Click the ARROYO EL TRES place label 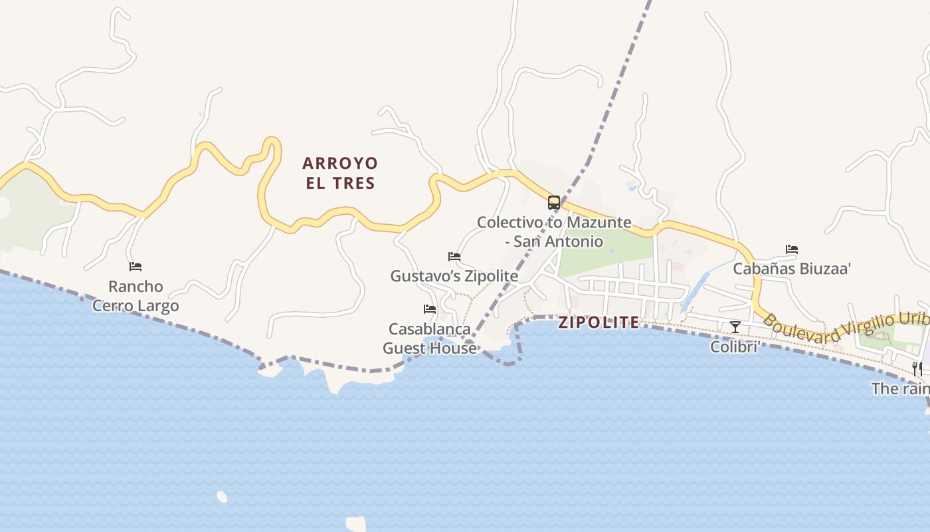click(x=340, y=173)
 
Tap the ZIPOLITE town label click(x=599, y=323)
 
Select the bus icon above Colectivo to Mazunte click(x=554, y=203)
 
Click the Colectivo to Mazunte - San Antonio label click(x=554, y=231)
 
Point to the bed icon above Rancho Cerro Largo click(x=136, y=267)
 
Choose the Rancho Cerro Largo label click(x=136, y=296)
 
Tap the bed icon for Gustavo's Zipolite click(x=454, y=257)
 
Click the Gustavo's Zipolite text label click(x=454, y=275)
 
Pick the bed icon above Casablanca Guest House click(x=430, y=309)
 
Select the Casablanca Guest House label click(x=430, y=338)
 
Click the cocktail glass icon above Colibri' click(x=735, y=327)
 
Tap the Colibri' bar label click(x=735, y=346)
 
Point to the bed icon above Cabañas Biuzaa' click(x=792, y=249)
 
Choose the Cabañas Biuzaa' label click(x=792, y=269)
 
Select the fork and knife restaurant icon click(x=917, y=368)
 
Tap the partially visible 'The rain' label click(x=900, y=388)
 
